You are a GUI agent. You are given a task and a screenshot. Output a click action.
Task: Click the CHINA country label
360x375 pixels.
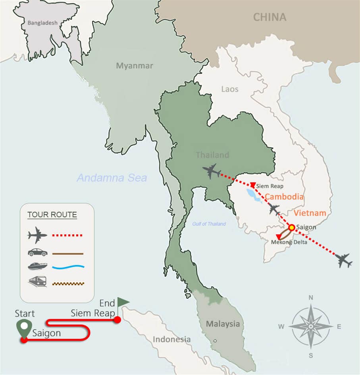tap(270, 17)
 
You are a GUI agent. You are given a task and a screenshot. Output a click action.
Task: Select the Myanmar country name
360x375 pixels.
tap(134, 66)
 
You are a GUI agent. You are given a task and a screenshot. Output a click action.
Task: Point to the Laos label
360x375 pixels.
tap(230, 89)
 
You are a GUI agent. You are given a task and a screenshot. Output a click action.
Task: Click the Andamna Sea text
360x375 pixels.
tap(112, 178)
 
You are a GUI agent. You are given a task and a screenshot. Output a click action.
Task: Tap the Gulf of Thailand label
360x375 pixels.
tap(209, 224)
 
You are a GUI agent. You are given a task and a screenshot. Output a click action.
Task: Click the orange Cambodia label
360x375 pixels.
tap(284, 197)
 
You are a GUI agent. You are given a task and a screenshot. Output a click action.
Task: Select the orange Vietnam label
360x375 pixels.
tap(310, 213)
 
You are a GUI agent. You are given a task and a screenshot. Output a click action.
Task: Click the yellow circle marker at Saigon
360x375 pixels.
tap(291, 228)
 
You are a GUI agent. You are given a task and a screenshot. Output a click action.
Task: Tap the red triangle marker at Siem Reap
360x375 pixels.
tap(253, 185)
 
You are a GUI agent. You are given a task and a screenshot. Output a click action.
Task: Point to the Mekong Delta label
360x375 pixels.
tap(289, 242)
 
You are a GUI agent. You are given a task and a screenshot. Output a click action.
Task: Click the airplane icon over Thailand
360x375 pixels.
tap(212, 171)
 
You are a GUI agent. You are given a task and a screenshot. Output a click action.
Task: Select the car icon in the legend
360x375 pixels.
tap(38, 253)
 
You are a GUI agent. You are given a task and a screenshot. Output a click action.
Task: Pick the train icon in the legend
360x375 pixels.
tap(38, 282)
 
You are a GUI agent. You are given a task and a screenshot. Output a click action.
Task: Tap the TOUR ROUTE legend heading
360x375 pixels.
tap(52, 215)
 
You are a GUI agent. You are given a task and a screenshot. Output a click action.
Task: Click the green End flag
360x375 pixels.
tap(123, 302)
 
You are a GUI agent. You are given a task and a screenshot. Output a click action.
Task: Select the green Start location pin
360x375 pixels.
tap(24, 328)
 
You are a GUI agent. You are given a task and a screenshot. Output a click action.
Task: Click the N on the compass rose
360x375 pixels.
tap(311, 298)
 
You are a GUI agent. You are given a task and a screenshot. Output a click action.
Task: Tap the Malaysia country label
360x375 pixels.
tap(223, 324)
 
